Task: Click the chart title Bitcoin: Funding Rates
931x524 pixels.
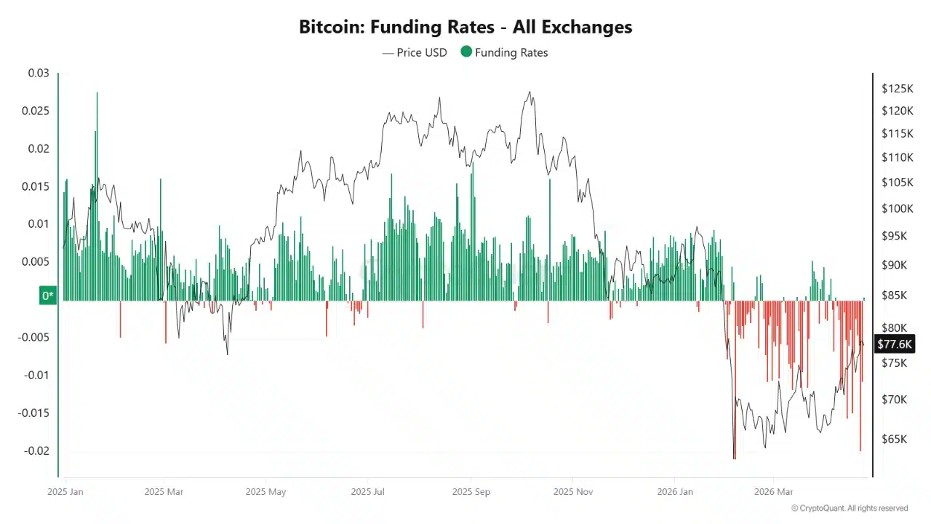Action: click(x=465, y=28)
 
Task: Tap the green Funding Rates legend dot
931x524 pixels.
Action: click(x=466, y=52)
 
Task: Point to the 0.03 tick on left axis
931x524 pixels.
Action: click(x=39, y=74)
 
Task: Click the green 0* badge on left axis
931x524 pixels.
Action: click(x=48, y=295)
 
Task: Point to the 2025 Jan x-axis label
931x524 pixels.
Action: click(x=65, y=491)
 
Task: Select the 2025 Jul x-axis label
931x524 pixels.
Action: click(x=368, y=491)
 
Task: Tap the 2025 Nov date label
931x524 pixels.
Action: click(x=574, y=491)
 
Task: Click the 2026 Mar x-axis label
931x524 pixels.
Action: click(x=774, y=491)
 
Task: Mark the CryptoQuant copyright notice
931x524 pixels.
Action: click(x=850, y=508)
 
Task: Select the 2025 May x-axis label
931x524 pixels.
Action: click(x=265, y=491)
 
